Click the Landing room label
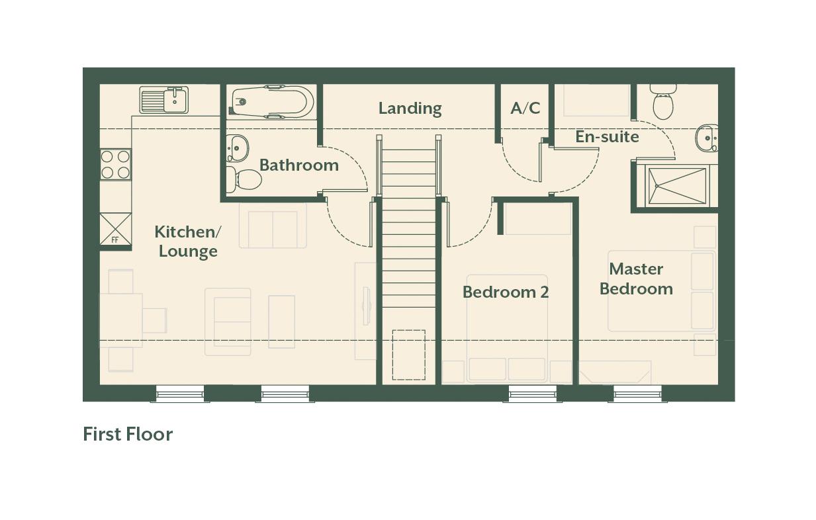click(410, 108)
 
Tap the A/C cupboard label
click(525, 108)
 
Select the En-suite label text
click(608, 137)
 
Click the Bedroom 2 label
click(506, 292)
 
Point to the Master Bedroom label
click(637, 279)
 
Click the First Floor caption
click(128, 434)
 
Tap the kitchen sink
click(164, 100)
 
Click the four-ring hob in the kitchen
click(115, 165)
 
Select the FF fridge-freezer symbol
click(115, 229)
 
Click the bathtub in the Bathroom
click(271, 102)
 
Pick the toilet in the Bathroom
click(244, 179)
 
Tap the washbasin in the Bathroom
click(237, 148)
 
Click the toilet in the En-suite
click(663, 102)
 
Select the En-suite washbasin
click(707, 138)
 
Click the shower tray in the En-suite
click(677, 186)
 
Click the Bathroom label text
click(299, 165)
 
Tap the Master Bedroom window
click(637, 394)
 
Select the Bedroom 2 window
click(533, 394)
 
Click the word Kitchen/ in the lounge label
click(187, 232)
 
